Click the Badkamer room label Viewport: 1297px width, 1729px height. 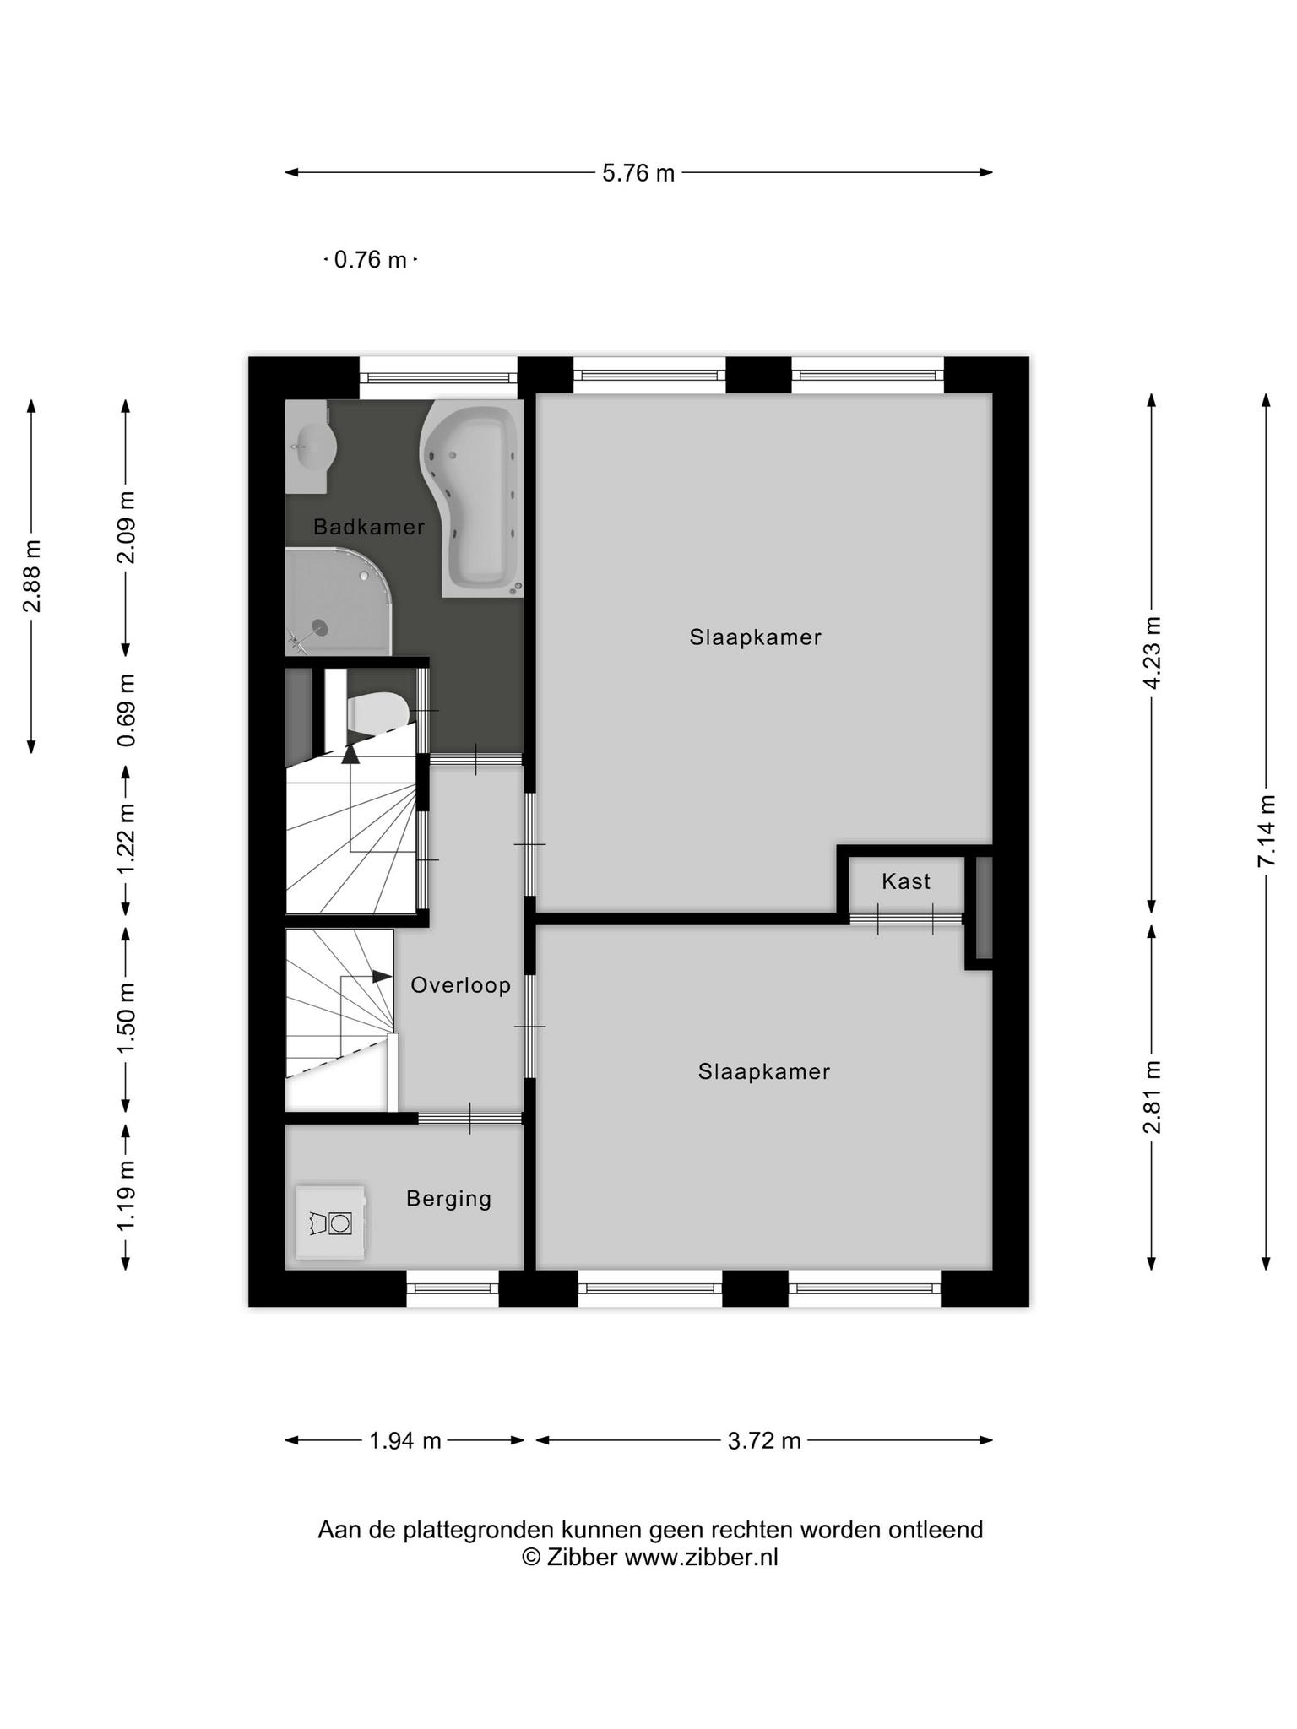(368, 527)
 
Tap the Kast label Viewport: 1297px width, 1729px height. (906, 881)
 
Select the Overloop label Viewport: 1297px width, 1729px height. (461, 985)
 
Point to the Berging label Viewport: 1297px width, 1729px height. (448, 1199)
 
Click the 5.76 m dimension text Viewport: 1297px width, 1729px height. (638, 173)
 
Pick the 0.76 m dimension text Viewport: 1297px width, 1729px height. (371, 260)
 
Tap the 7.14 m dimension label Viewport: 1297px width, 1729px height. (1266, 831)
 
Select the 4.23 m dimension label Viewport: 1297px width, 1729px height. (1152, 653)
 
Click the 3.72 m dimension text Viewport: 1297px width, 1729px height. (764, 1440)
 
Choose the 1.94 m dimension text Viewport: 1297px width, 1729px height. (405, 1440)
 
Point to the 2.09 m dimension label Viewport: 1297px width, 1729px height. (126, 527)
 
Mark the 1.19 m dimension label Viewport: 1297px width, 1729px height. (126, 1196)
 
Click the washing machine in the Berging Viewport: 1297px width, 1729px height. (330, 1222)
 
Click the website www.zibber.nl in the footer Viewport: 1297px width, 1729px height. (701, 1558)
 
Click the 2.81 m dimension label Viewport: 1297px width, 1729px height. (1152, 1097)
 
